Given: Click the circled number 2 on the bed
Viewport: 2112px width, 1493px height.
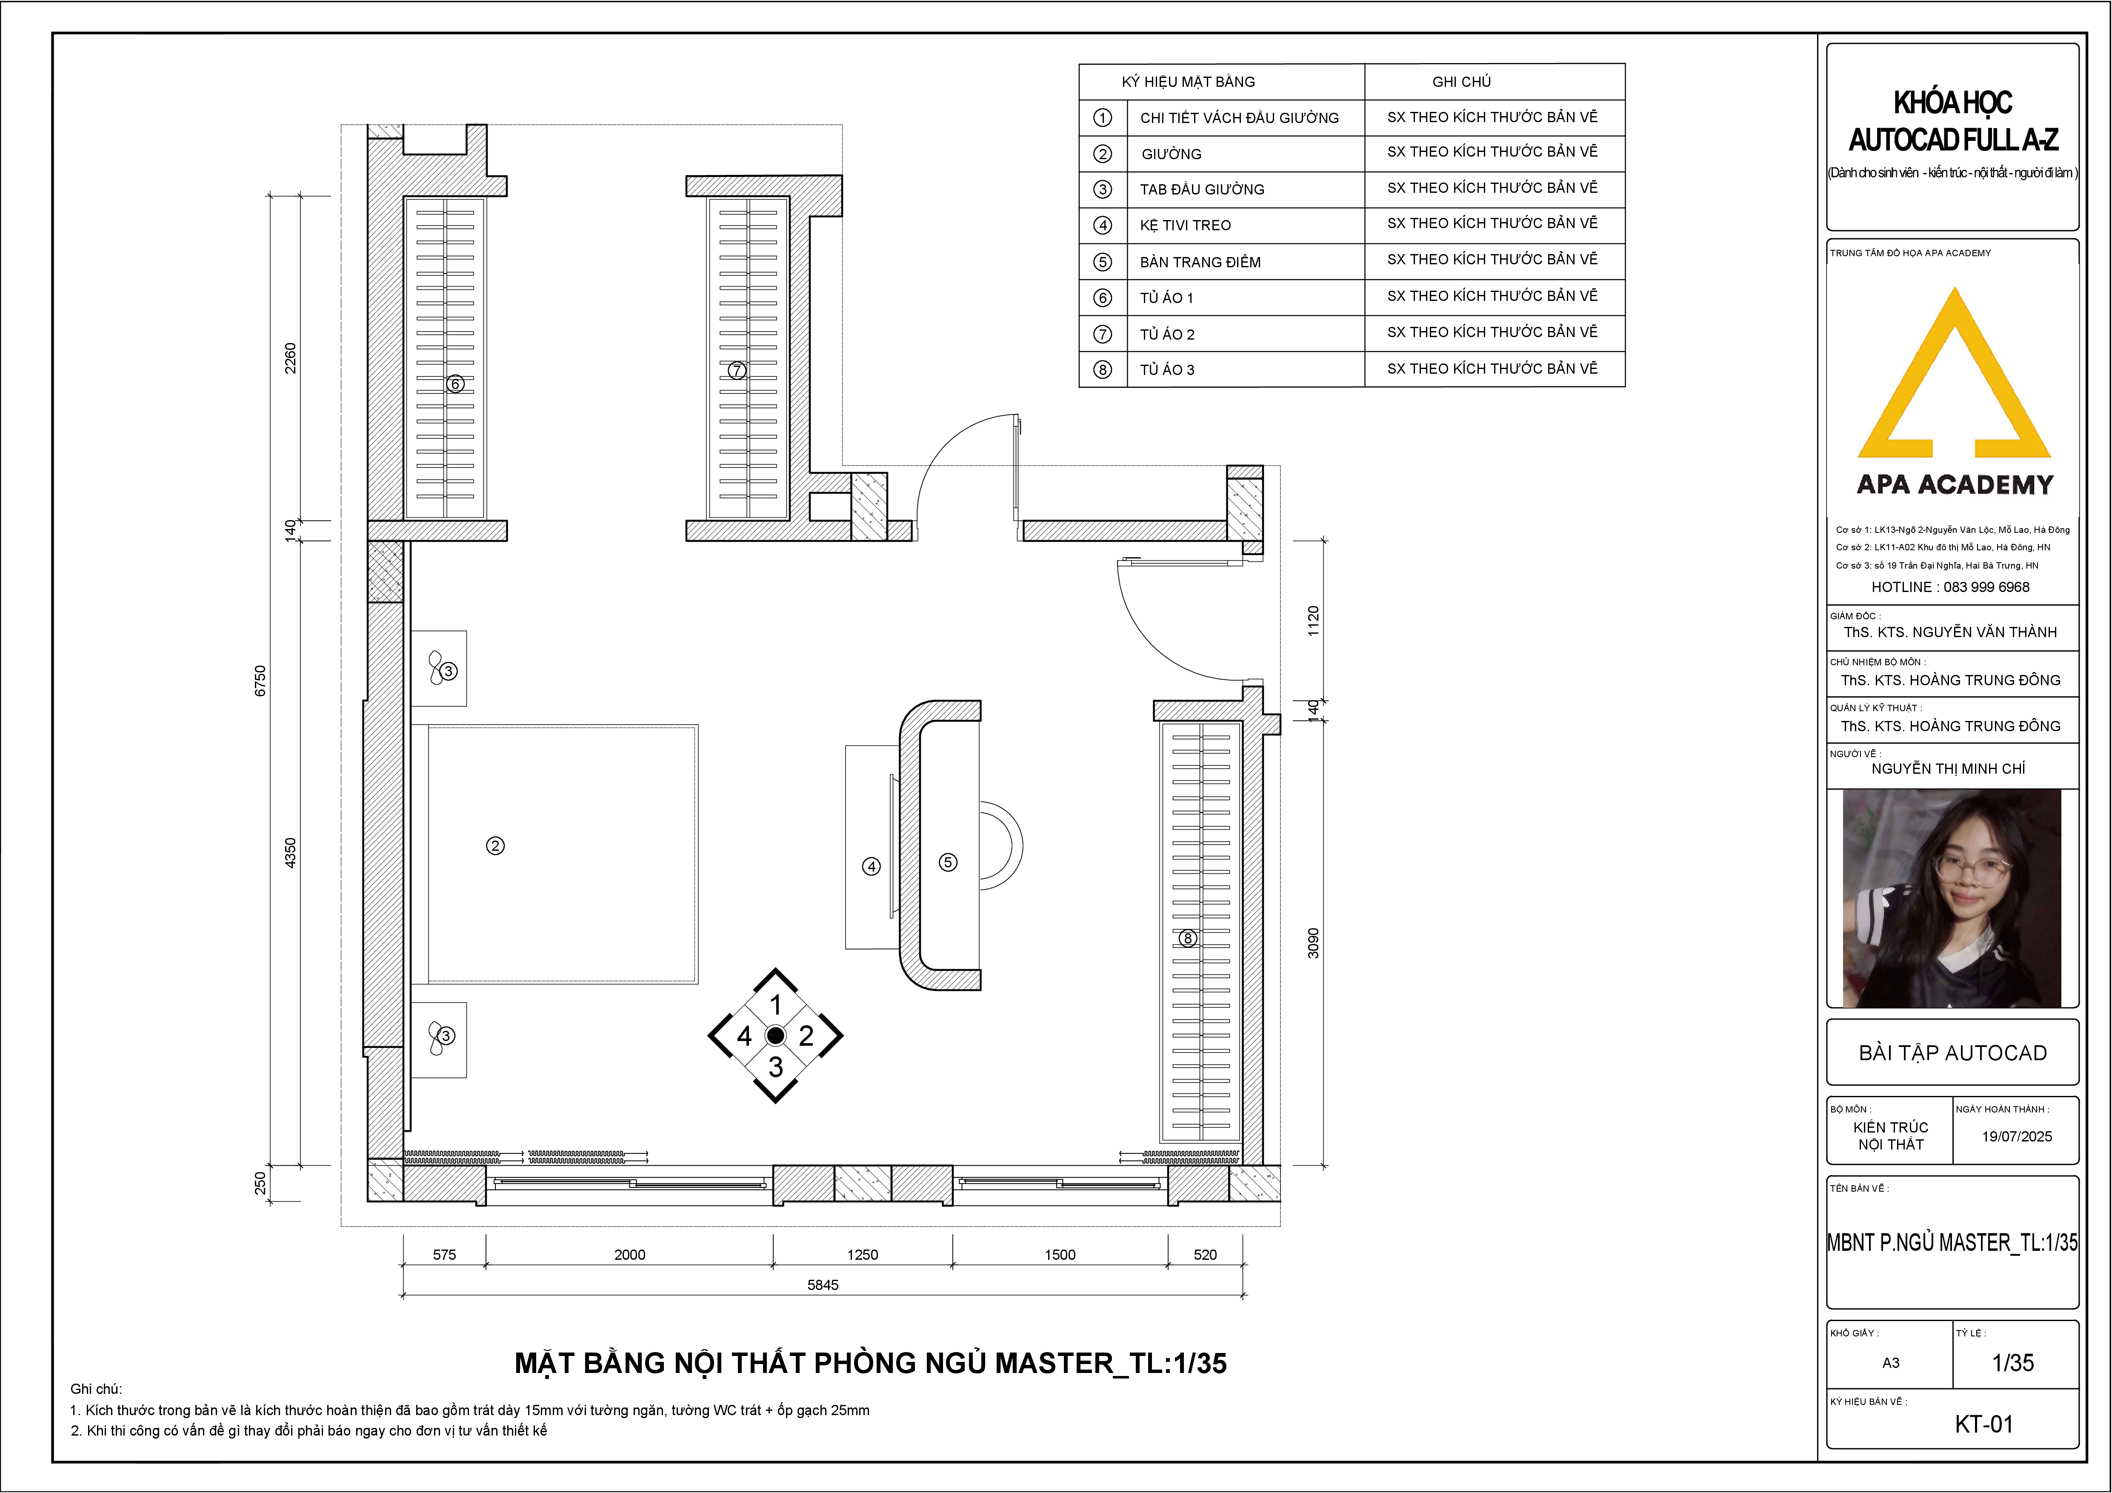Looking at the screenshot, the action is [495, 845].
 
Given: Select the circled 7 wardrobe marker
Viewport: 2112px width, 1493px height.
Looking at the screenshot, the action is [736, 371].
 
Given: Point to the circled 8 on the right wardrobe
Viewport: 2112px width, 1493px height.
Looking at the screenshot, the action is [1188, 938].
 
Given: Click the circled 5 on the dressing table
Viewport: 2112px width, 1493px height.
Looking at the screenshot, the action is [947, 862].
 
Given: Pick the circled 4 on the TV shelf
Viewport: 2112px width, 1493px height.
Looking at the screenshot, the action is [871, 866].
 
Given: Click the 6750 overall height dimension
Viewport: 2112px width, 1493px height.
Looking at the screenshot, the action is [260, 681].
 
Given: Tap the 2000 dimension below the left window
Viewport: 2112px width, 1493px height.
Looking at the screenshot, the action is [630, 1255].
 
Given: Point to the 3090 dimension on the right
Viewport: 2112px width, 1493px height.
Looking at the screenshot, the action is [1314, 943].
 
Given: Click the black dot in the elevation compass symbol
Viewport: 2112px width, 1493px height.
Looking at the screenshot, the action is [775, 1036].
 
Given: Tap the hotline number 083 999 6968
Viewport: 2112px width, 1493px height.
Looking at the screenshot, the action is [1986, 587].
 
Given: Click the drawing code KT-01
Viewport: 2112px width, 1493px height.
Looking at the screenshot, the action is [1984, 1424].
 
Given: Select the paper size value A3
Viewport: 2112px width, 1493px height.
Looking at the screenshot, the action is [1890, 1362].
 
